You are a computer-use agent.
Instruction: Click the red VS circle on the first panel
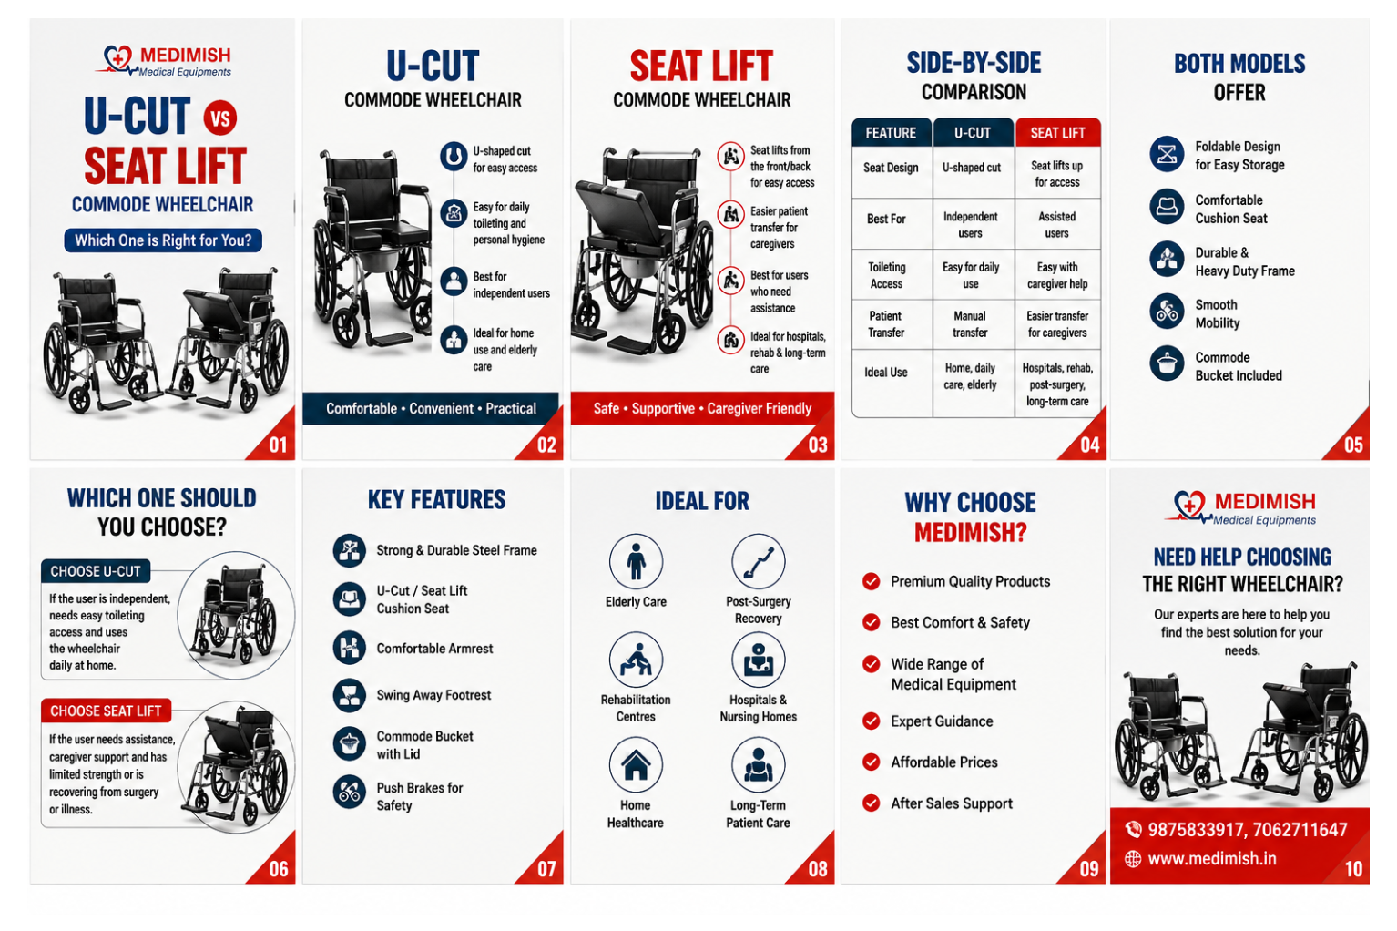pos(220,118)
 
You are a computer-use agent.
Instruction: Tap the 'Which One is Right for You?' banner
pos(163,240)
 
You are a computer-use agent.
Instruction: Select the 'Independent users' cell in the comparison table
pos(970,225)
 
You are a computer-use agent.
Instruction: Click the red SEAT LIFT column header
pos(1057,132)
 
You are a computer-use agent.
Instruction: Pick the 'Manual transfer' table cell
pos(970,324)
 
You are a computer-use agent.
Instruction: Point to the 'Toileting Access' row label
pos(886,275)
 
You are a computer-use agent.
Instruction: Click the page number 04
pos(1089,445)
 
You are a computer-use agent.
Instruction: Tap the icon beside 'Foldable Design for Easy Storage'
pos(1167,154)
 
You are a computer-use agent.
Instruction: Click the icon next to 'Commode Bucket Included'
pos(1167,363)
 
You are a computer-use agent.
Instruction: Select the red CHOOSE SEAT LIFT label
pos(106,711)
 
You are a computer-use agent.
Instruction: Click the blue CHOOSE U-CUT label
pos(96,571)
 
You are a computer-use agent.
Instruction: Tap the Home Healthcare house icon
pos(636,764)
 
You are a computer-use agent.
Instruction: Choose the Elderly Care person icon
pos(636,561)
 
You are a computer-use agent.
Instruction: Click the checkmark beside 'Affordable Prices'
pos(872,762)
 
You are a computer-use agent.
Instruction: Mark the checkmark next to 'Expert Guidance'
pos(872,721)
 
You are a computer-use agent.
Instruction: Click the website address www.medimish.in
pos(1212,859)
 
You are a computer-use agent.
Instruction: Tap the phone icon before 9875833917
pos(1133,829)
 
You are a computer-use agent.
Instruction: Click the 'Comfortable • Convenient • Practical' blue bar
pos(431,409)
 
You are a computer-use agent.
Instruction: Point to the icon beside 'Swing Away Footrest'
pos(350,695)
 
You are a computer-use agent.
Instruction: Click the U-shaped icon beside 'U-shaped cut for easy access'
pos(454,157)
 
